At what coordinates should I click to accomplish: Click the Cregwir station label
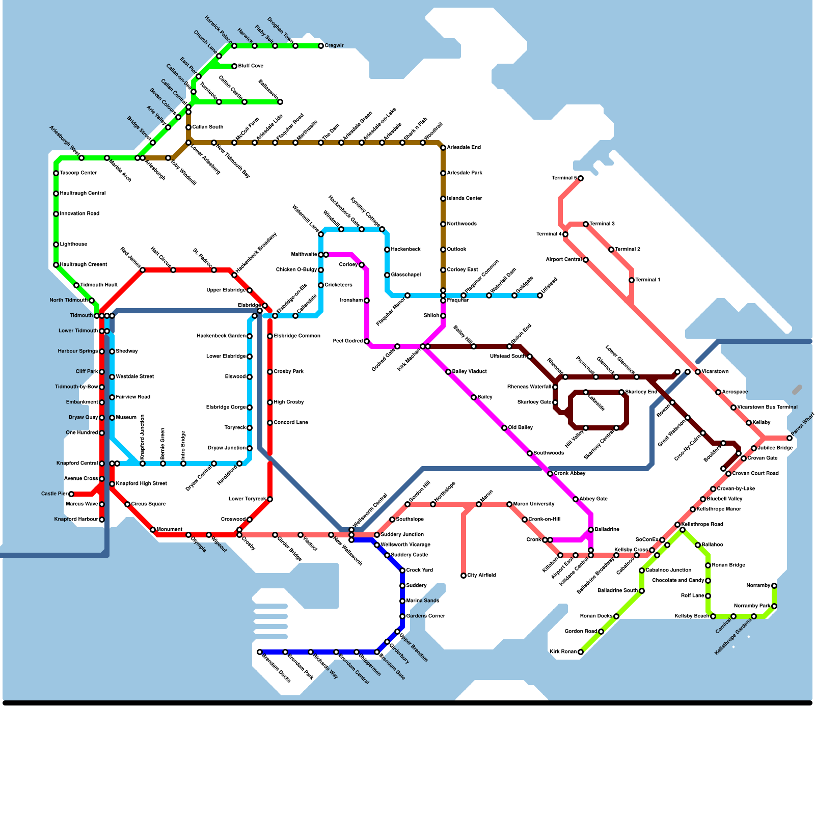tap(334, 46)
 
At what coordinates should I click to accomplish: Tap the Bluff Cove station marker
tap(234, 66)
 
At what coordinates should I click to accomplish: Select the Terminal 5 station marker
tap(581, 178)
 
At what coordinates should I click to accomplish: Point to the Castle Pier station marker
tap(71, 494)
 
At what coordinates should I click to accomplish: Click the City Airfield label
tap(481, 576)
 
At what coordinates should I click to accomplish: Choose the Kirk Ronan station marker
tap(581, 652)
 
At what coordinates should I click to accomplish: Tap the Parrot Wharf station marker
tap(790, 438)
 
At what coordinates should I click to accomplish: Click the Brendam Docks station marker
tap(260, 652)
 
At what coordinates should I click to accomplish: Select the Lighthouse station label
tap(73, 244)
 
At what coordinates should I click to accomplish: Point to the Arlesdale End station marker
tap(443, 148)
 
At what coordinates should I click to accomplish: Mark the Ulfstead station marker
tap(540, 295)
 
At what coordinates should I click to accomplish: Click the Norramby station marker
tap(774, 586)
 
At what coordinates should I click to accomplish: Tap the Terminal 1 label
tap(648, 280)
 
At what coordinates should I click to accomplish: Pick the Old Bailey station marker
tap(504, 428)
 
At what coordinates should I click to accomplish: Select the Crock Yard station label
tap(420, 570)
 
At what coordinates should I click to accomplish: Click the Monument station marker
tap(153, 530)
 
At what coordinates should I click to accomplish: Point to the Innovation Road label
tap(79, 214)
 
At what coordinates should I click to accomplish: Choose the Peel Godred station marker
tap(367, 341)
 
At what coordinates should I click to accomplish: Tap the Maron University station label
tap(534, 504)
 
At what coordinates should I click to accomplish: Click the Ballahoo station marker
tap(698, 545)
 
